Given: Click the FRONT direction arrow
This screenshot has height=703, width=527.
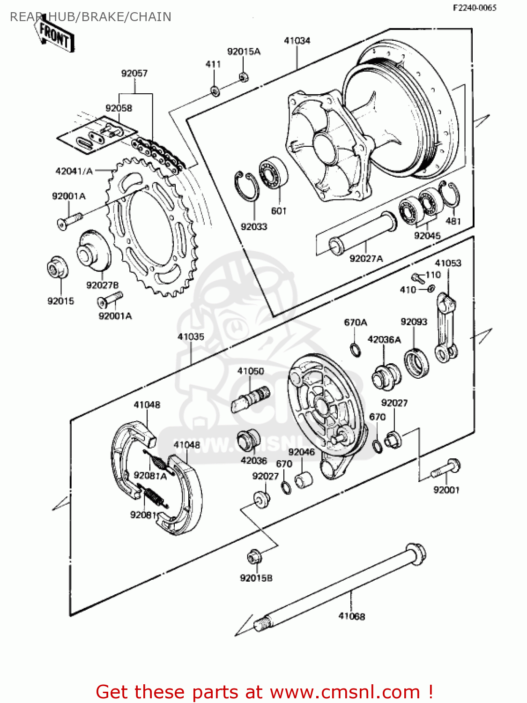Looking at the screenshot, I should [x=54, y=34].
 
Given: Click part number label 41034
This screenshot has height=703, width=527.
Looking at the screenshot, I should [x=297, y=41].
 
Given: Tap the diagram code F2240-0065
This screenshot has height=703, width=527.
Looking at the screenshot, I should [x=474, y=7].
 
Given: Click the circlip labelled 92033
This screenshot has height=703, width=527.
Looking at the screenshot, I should [x=247, y=188].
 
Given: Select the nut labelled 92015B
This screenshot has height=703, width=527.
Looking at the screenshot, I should [x=254, y=557].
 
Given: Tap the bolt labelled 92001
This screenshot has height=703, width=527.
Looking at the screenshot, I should [x=447, y=468].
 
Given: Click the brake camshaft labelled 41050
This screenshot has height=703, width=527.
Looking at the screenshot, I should [x=251, y=398].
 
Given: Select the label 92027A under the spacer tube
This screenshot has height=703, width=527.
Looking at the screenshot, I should [x=366, y=258].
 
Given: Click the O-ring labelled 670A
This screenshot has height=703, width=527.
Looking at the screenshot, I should [x=356, y=350].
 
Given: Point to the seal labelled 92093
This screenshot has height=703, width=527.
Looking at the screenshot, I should [x=416, y=363].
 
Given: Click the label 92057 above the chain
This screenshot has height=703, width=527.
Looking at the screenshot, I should [x=134, y=73].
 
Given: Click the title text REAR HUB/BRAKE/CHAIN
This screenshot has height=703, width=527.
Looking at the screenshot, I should [x=90, y=17].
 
